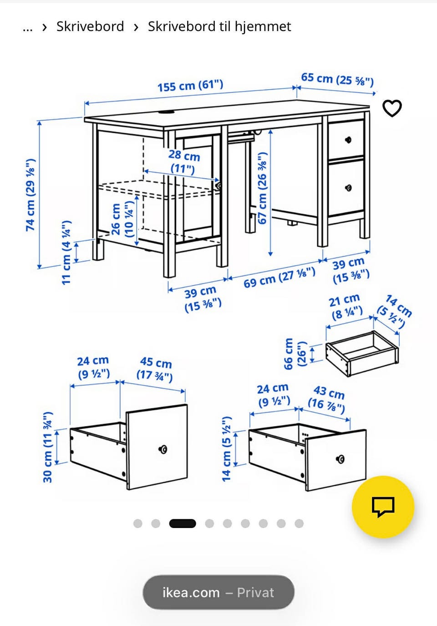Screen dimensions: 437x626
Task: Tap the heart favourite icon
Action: pyautogui.click(x=392, y=108)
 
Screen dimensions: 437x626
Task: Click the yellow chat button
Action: pyautogui.click(x=383, y=507)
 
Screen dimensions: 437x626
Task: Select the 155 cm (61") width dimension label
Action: pyautogui.click(x=190, y=86)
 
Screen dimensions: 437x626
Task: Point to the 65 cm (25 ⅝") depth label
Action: pyautogui.click(x=337, y=79)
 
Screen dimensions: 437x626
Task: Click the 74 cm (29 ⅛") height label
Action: pyautogui.click(x=30, y=195)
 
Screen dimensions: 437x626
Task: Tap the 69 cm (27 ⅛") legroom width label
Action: pyautogui.click(x=279, y=277)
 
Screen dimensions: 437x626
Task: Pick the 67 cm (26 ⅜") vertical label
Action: pyautogui.click(x=263, y=188)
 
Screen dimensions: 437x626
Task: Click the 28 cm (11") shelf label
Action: pyautogui.click(x=184, y=162)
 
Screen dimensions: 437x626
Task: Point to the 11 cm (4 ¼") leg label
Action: pyautogui.click(x=66, y=252)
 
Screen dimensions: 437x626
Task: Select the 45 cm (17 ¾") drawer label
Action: pyautogui.click(x=155, y=369)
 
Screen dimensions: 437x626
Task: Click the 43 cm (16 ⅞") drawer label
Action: pyautogui.click(x=327, y=400)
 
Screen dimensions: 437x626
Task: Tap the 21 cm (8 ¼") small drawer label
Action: pyautogui.click(x=346, y=307)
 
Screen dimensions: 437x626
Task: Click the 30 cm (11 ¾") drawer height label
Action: pyautogui.click(x=48, y=447)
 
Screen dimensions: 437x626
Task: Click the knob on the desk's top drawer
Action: pyautogui.click(x=348, y=140)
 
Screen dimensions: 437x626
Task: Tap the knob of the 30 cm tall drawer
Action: pyautogui.click(x=163, y=449)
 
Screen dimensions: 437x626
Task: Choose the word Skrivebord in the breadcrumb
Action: pyautogui.click(x=90, y=26)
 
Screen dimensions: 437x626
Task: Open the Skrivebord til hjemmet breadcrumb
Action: pyautogui.click(x=219, y=27)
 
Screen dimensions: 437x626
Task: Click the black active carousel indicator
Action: pyautogui.click(x=183, y=523)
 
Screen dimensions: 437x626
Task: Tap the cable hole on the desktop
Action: pyautogui.click(x=166, y=113)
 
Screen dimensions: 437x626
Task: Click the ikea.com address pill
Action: pyautogui.click(x=218, y=593)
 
